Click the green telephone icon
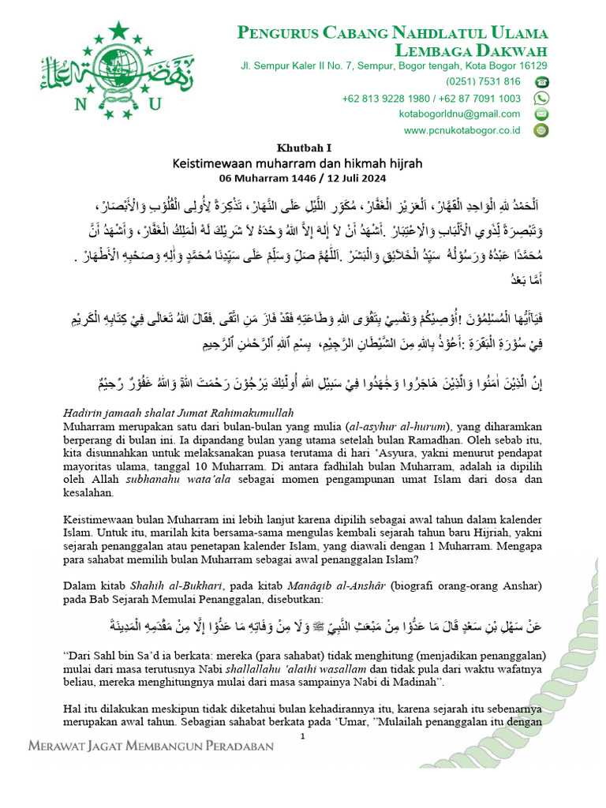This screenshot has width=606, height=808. (541, 82)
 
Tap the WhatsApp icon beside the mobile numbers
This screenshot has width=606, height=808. (541, 98)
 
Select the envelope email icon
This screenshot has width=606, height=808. (541, 114)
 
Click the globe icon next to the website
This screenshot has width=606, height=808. (541, 130)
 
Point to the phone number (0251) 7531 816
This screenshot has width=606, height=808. (483, 82)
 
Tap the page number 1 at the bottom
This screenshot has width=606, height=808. (303, 736)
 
